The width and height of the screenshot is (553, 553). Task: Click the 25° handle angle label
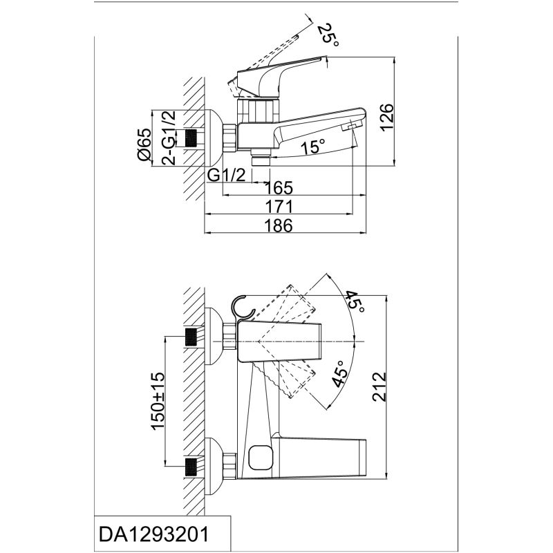(328, 35)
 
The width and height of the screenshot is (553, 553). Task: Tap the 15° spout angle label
(312, 147)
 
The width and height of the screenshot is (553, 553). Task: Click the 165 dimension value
(278, 187)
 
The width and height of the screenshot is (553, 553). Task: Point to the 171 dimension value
(278, 206)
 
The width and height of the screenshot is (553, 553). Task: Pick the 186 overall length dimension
(278, 225)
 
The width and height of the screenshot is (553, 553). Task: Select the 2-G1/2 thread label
(167, 138)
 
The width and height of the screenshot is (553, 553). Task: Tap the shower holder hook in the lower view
(242, 308)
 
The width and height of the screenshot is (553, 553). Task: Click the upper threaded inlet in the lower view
(194, 339)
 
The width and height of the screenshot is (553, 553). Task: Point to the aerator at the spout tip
(352, 125)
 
